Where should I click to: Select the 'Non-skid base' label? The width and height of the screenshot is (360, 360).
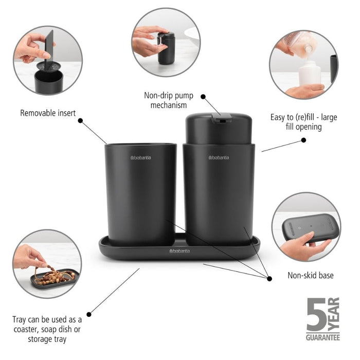pos(310,276)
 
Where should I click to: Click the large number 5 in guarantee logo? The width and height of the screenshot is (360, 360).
pos(316,315)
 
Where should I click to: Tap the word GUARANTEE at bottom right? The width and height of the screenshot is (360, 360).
pos(323,337)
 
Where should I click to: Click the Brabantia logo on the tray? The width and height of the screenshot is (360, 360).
pos(179,250)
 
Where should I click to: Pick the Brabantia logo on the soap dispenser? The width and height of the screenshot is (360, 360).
pos(219,157)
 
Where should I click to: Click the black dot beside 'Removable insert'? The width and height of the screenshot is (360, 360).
pos(80,120)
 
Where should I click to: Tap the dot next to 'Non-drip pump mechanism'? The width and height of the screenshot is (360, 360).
pos(203,96)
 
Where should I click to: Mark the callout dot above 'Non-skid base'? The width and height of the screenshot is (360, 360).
pos(269,278)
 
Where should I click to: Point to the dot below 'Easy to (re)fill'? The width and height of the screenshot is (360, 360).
pos(303,139)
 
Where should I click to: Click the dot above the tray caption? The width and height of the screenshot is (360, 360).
pos(89,314)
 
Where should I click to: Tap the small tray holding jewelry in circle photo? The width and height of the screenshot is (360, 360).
pos(55,278)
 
